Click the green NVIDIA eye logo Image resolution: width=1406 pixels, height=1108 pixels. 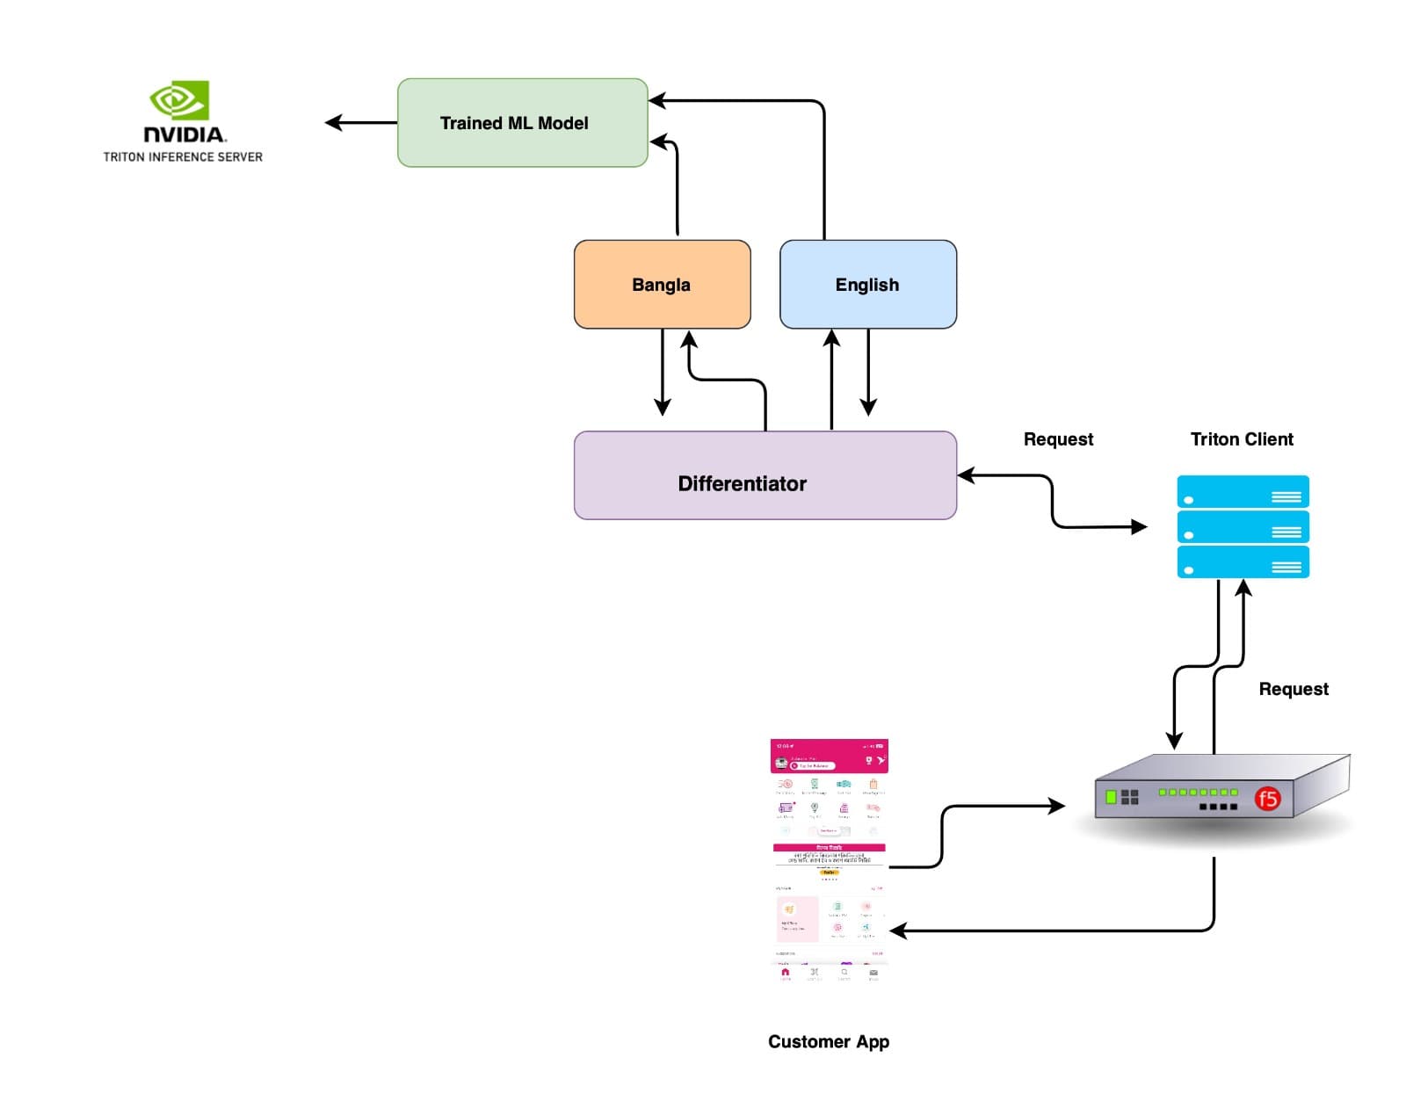tap(179, 100)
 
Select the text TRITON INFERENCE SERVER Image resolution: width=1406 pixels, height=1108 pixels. tap(183, 157)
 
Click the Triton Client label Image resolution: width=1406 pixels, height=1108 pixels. tap(1241, 439)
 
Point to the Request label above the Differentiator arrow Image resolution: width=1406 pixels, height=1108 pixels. tap(1058, 439)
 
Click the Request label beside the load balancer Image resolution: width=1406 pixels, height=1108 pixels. tap(1293, 689)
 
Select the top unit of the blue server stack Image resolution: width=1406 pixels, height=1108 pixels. tap(1243, 492)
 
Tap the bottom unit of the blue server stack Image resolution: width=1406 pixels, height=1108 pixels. tap(1243, 562)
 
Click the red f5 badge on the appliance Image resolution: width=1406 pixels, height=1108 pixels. tap(1266, 799)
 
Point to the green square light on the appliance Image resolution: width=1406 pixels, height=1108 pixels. tap(1111, 797)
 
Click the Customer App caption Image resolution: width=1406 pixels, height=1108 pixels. tap(828, 1042)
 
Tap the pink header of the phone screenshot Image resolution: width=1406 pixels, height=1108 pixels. tap(829, 756)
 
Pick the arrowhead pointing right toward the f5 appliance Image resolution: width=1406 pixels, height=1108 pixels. tap(1056, 805)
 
